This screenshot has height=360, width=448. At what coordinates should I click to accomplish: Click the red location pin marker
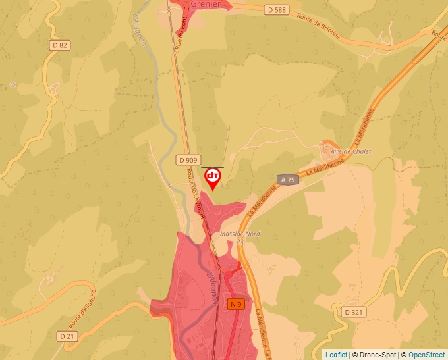tap(213, 178)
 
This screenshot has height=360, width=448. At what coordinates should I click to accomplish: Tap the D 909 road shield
tap(188, 160)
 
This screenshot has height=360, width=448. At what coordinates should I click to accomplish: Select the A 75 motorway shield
tap(288, 180)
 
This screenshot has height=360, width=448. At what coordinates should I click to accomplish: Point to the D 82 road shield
tap(59, 45)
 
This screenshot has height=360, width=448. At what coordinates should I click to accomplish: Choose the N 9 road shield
tap(236, 303)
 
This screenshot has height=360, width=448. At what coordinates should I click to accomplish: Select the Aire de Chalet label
tap(351, 151)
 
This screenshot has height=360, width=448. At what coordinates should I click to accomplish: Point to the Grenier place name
tap(204, 4)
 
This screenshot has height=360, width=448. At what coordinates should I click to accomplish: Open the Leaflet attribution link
tap(336, 355)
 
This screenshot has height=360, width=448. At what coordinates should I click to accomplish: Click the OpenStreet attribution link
tap(426, 355)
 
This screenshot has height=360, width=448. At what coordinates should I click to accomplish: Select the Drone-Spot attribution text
tap(375, 355)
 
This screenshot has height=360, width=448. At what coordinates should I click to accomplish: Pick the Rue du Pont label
tap(181, 33)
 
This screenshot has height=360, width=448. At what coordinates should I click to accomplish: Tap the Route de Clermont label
tap(196, 192)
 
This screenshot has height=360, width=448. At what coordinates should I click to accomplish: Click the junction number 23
tap(239, 242)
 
